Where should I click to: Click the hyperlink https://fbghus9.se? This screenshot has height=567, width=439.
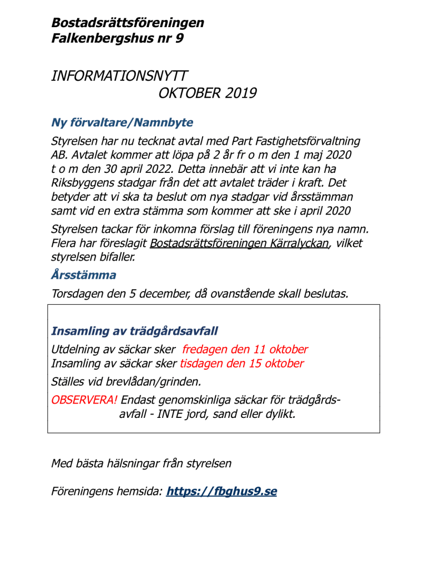(221, 491)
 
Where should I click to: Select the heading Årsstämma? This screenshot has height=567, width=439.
(83, 275)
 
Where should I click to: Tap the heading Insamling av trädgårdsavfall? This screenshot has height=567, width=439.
(134, 331)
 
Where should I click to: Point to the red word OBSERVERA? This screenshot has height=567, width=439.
(84, 400)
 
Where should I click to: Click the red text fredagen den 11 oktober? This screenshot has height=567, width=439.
(245, 350)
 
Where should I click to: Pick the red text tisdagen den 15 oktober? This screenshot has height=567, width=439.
(242, 364)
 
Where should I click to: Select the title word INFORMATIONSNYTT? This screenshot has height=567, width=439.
(119, 76)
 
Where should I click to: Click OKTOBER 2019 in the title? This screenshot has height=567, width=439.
(207, 93)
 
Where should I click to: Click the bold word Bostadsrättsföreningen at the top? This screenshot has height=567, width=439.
(127, 23)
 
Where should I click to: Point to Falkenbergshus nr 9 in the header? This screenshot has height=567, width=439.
(117, 39)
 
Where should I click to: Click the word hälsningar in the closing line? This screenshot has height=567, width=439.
(137, 463)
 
